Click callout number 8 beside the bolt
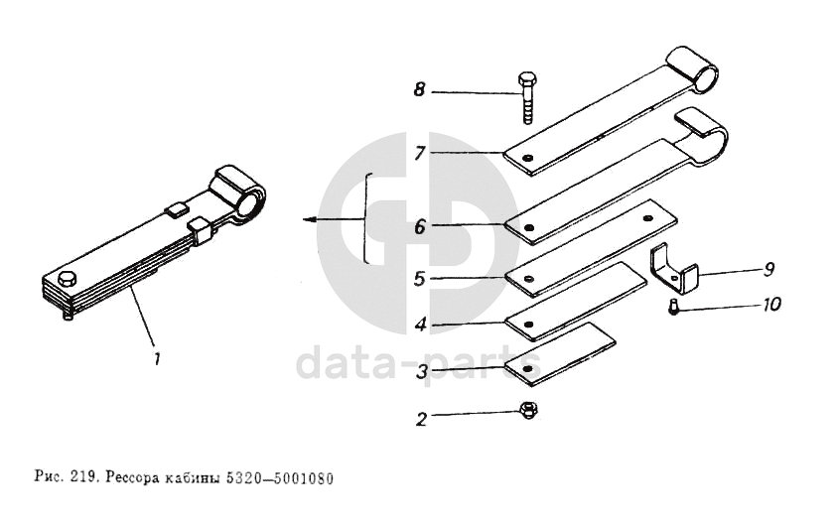(x=420, y=89)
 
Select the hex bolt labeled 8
(x=528, y=98)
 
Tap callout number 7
(x=420, y=153)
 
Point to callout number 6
(x=420, y=226)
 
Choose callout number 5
(x=420, y=278)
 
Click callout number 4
(x=421, y=325)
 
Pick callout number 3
(x=422, y=371)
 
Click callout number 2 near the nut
(x=421, y=420)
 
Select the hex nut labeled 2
(x=528, y=410)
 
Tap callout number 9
(x=768, y=269)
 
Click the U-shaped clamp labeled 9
(x=673, y=269)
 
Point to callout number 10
(x=771, y=305)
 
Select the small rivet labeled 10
(x=673, y=308)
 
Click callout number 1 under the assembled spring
(x=156, y=359)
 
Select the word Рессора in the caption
(x=132, y=477)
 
